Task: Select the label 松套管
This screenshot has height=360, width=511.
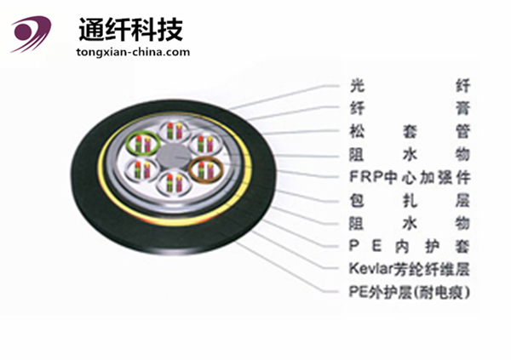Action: (410, 132)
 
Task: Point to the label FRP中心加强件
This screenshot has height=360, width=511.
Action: (410, 178)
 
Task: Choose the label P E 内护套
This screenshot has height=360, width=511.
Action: (410, 246)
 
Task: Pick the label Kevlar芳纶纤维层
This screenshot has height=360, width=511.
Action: (410, 269)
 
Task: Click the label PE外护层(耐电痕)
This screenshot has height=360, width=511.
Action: (410, 292)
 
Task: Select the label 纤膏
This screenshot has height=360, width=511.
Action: (410, 108)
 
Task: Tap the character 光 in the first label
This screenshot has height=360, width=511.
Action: (358, 85)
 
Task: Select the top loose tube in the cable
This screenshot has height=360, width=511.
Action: (172, 130)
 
